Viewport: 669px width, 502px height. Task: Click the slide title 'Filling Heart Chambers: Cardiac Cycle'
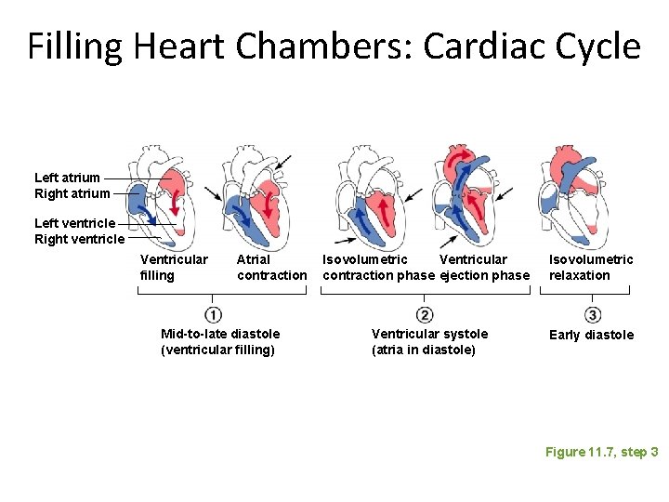coord(334,46)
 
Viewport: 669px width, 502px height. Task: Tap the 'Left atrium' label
coord(67,178)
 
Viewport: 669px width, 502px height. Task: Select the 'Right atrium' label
coord(72,193)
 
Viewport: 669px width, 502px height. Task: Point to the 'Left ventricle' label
coord(74,223)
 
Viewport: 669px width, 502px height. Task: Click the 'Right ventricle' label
coord(79,239)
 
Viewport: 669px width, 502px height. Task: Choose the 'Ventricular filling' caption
coord(174,267)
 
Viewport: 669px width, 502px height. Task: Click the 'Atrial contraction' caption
coord(271,267)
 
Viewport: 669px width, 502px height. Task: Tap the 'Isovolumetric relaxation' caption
coord(591,267)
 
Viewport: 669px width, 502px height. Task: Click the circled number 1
coord(214,314)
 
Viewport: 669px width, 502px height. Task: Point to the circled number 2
coord(425,314)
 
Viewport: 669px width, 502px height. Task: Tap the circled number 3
coord(593,314)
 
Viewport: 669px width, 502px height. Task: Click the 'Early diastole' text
coord(591,335)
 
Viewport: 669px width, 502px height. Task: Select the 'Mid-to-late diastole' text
coord(220,334)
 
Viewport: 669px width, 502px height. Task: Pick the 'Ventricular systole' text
coord(429,334)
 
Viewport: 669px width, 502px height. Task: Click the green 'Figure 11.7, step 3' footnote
coord(601,452)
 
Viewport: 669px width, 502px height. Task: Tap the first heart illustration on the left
coord(158,195)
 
